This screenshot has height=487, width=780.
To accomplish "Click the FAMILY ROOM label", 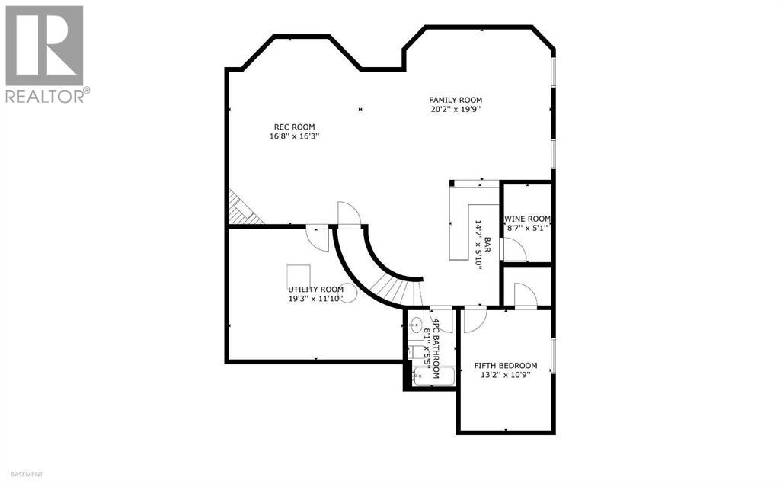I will pos(455,100).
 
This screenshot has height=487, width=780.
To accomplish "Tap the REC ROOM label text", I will pos(294,127).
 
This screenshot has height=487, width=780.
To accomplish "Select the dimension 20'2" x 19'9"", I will pos(455,110).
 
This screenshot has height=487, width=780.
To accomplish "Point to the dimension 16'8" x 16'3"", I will pos(294,137).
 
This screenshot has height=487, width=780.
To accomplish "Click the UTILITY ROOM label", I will pos(315,290).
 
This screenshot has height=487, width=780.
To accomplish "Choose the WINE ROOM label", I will pos(527,219).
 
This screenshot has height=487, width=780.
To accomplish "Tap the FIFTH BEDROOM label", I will pos(505,365).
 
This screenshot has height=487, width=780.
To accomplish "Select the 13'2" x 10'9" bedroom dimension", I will pos(505,375).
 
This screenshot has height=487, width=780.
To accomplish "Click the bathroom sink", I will pos(416,327).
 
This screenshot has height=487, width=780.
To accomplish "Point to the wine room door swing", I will pos(514,248).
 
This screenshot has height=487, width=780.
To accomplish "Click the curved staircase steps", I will pos(396,290).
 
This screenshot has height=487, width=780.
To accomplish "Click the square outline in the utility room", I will pos(299,275).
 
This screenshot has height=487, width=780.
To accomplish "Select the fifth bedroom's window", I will pos(553,355).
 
